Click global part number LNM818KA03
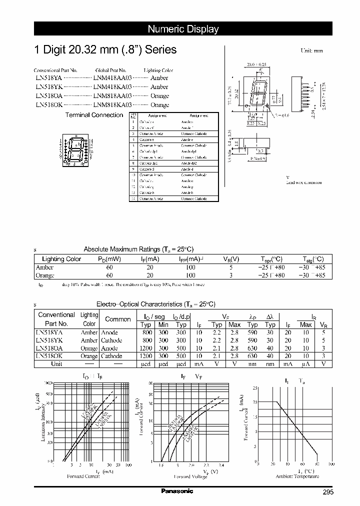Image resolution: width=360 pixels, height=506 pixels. [112, 105]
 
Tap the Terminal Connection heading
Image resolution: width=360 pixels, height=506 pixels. [94, 115]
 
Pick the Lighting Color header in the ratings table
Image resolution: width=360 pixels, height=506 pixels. [61, 259]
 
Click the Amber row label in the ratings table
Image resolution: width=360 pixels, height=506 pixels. [44, 267]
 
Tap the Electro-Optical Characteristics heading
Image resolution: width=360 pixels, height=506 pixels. [155, 304]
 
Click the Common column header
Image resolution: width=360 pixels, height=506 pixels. [117, 319]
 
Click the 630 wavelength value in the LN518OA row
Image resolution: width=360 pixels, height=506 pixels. [252, 348]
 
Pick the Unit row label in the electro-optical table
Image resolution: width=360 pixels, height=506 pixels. [56, 364]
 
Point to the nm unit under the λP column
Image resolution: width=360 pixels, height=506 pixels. [252, 364]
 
